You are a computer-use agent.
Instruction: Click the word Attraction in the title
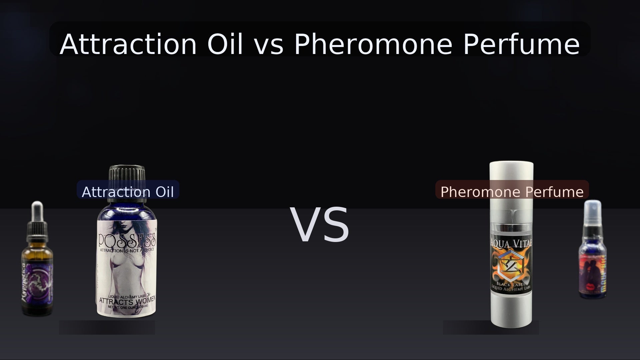(x=128, y=44)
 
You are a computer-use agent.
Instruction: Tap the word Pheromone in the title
(x=372, y=44)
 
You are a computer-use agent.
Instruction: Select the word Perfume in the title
(x=521, y=44)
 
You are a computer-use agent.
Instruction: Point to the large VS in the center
(x=320, y=225)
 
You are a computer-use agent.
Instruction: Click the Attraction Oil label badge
(x=128, y=192)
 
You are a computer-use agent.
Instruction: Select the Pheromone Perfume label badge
(x=512, y=192)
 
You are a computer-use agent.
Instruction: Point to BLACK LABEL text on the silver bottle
(x=511, y=284)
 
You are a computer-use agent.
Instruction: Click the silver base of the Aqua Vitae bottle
(x=511, y=310)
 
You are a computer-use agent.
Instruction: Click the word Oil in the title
(x=225, y=44)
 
